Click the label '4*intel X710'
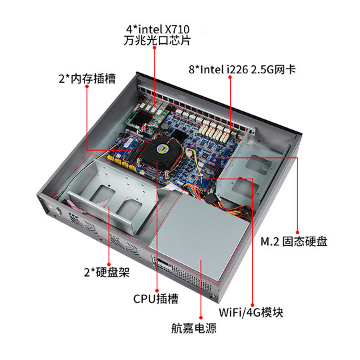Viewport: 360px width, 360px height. pyautogui.click(x=157, y=29)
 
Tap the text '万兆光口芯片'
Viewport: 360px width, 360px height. pyautogui.click(x=157, y=41)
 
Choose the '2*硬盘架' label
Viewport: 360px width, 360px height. pyautogui.click(x=107, y=273)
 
